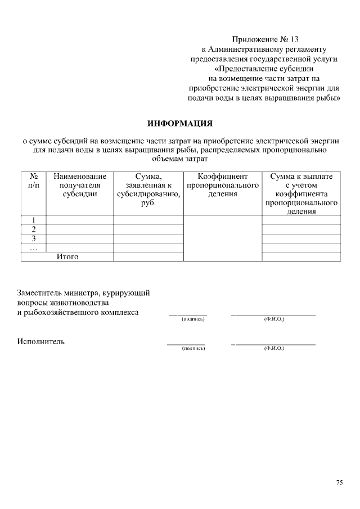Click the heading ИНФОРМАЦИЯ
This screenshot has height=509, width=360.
point(180,123)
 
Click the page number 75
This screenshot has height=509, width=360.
point(339,483)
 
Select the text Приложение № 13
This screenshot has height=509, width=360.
point(265,39)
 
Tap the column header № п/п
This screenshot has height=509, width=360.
point(33,181)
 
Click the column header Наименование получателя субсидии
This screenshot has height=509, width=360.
point(79,185)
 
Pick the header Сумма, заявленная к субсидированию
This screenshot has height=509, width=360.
point(148,190)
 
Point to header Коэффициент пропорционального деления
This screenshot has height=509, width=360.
point(223,185)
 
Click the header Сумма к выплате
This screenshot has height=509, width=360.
point(301,177)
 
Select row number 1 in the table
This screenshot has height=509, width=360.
point(33,220)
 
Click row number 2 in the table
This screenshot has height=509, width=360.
point(33,229)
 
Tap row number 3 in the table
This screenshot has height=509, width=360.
point(33,238)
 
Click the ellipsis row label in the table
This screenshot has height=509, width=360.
point(33,247)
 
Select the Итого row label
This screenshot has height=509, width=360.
point(67,257)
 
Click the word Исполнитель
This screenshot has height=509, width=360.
point(41,341)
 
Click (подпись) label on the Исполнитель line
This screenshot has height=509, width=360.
point(192,349)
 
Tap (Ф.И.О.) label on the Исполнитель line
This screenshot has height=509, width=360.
point(274,349)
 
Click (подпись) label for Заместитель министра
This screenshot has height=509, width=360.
point(192,319)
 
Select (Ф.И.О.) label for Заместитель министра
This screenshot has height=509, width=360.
point(274,319)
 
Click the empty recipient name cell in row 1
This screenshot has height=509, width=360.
point(79,220)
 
